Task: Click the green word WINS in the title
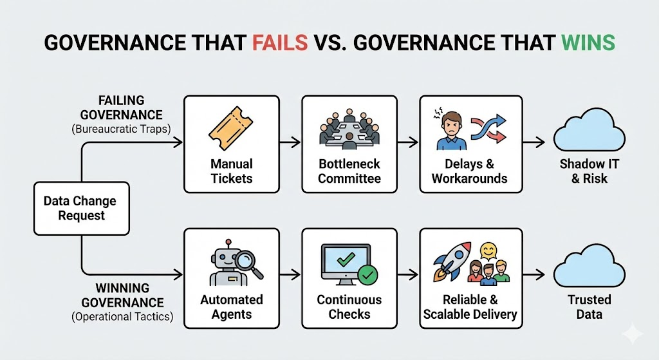click(x=587, y=43)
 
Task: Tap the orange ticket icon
click(x=230, y=128)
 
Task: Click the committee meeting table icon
click(x=349, y=133)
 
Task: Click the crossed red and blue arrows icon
click(x=487, y=128)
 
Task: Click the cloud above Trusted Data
click(x=584, y=268)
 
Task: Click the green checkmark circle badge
click(x=368, y=276)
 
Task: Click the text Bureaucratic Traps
click(x=121, y=129)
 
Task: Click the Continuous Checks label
click(x=349, y=307)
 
